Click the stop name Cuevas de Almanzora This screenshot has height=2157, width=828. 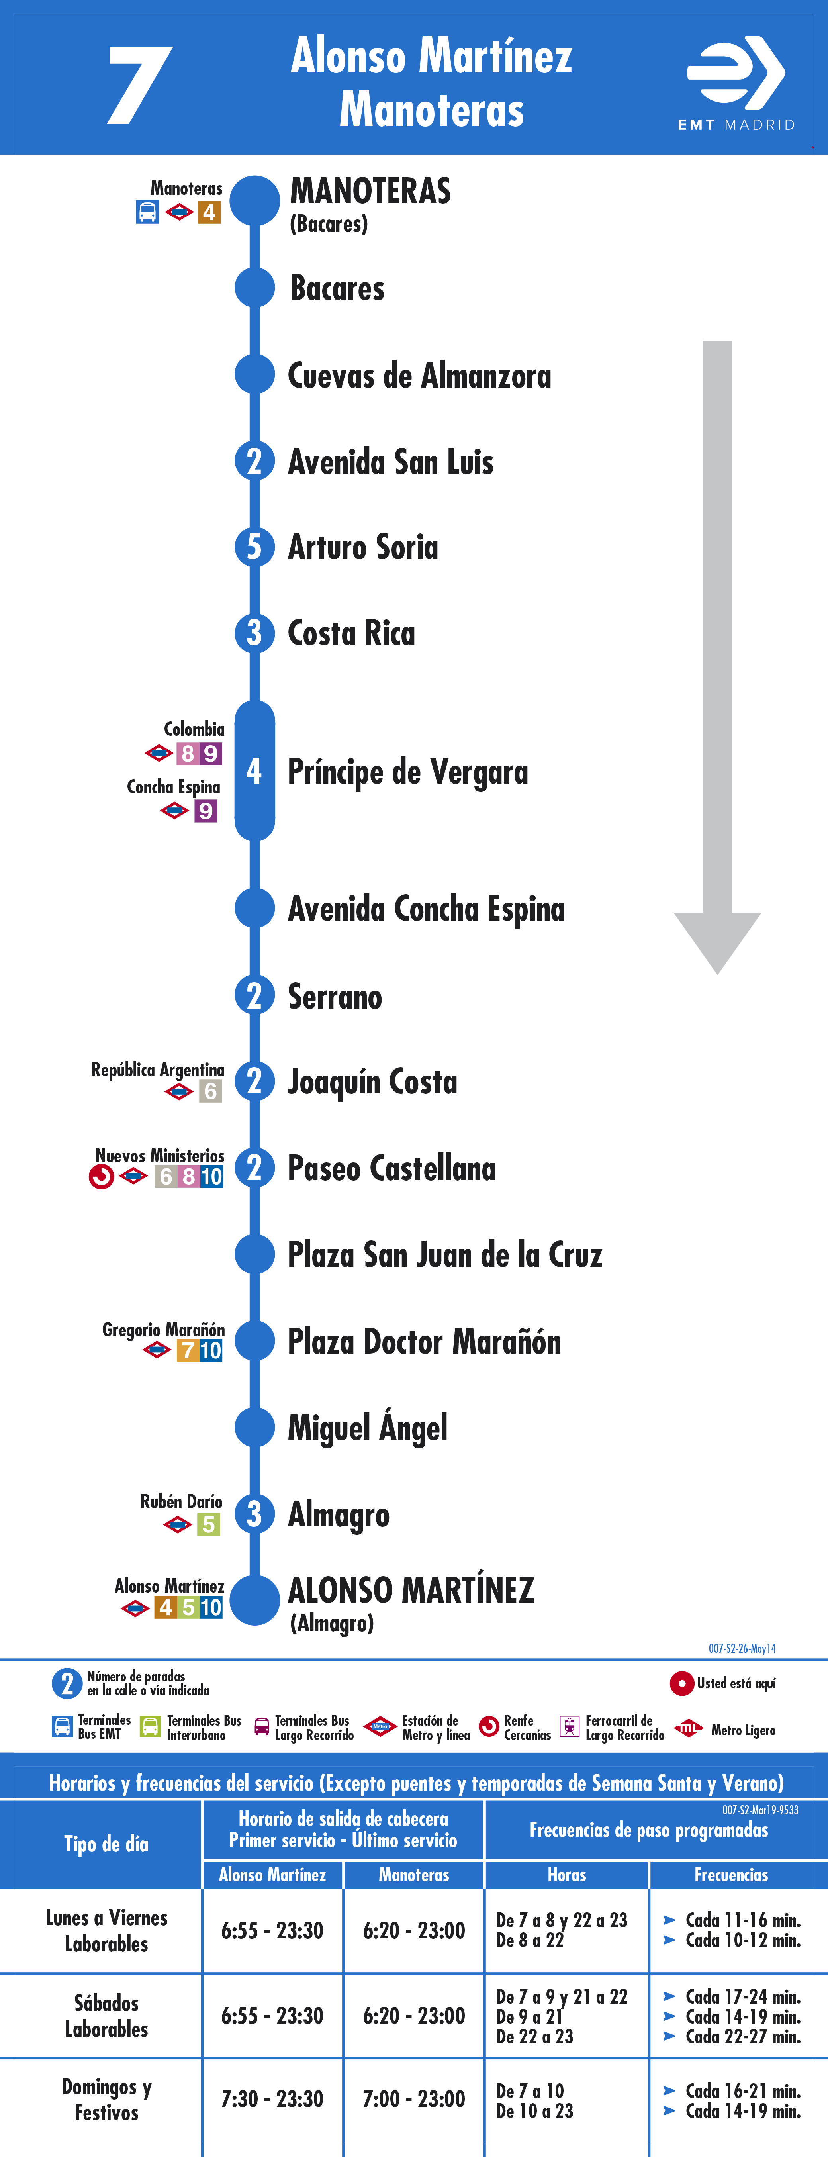point(419,376)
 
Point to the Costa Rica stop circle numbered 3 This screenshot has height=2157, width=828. point(254,633)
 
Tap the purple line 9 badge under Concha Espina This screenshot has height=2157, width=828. point(206,811)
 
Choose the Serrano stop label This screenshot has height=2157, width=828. point(335,996)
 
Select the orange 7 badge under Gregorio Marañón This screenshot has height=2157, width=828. point(188,1350)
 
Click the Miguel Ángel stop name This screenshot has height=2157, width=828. point(368,1428)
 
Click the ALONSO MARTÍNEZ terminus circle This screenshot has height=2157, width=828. point(254,1600)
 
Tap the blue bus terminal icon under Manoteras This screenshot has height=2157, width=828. point(147,213)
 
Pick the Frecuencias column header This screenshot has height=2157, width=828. point(731,1875)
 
